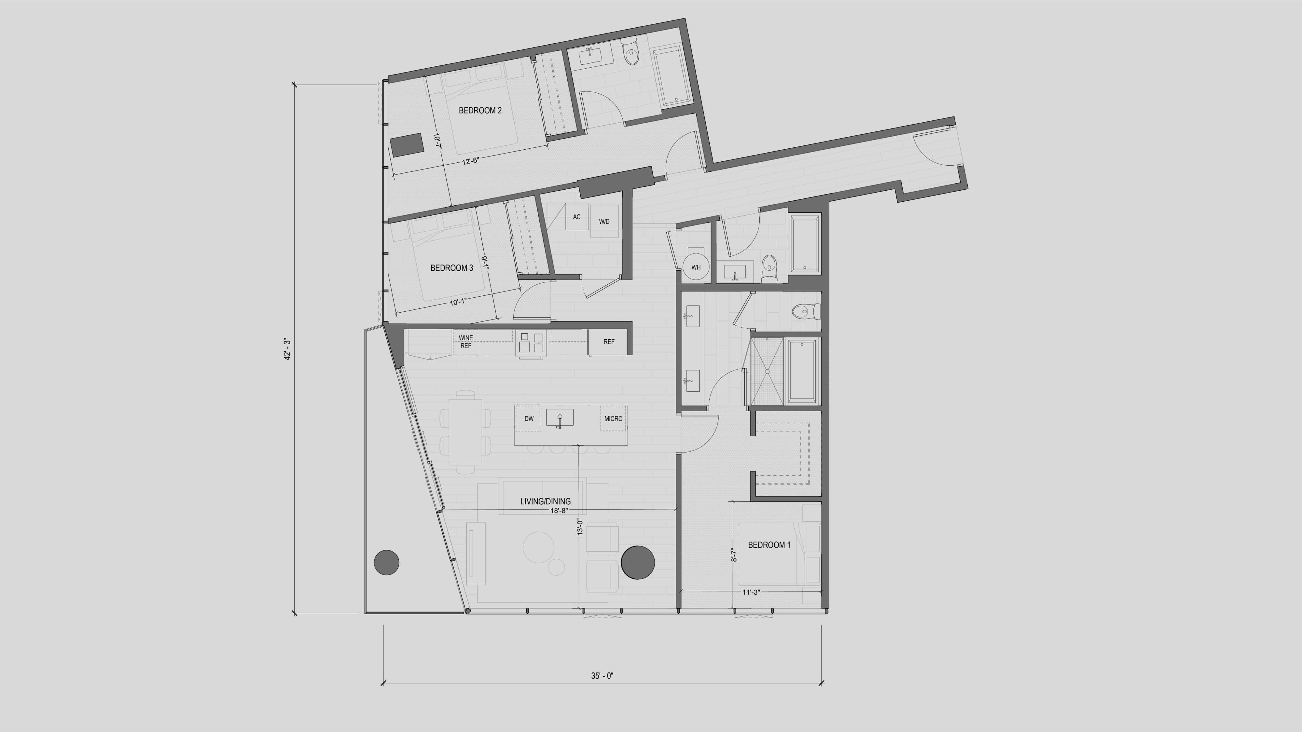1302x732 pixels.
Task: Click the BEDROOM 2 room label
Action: pos(480,111)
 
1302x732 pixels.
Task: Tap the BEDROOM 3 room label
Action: pos(451,268)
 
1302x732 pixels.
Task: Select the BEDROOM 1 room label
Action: pos(769,545)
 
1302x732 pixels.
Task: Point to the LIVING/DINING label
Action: pos(545,501)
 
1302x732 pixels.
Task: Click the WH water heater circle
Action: pos(696,267)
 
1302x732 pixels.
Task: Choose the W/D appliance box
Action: pos(604,221)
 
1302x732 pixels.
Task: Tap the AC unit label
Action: pos(577,217)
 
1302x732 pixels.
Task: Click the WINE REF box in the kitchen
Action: pos(465,342)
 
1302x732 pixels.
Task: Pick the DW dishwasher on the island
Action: pos(529,418)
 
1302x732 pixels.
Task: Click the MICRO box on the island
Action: pos(613,418)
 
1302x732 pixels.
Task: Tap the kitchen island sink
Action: pos(560,417)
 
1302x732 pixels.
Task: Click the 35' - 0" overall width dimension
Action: pos(602,675)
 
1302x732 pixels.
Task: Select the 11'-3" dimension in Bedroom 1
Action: pos(751,592)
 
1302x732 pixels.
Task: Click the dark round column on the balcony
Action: pos(386,562)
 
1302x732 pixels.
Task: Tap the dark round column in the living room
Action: pos(638,562)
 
